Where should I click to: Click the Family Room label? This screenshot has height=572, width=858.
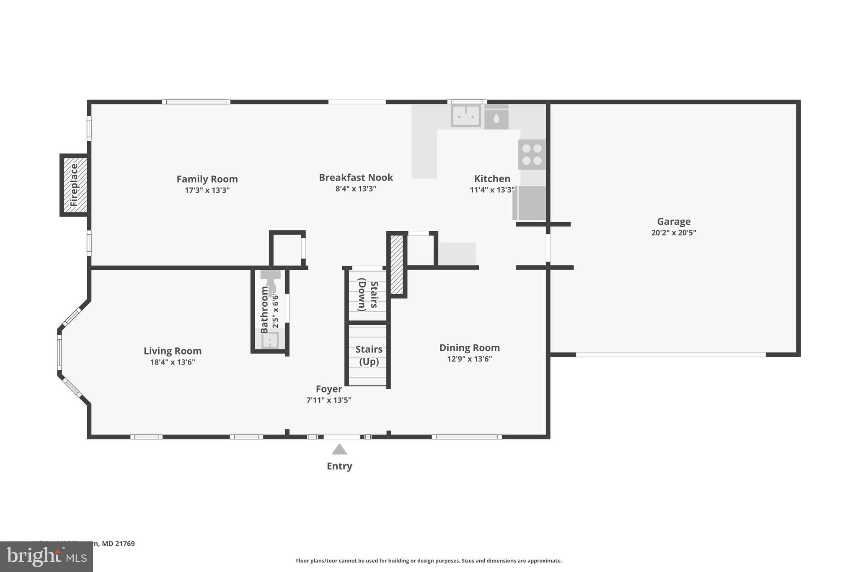(x=207, y=179)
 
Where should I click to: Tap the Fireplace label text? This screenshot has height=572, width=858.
(x=74, y=185)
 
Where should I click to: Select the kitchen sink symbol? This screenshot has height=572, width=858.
(x=465, y=116)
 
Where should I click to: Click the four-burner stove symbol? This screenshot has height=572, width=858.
(x=532, y=154)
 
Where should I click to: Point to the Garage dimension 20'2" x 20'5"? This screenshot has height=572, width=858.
(x=673, y=233)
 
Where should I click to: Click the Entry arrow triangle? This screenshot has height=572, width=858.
(x=339, y=450)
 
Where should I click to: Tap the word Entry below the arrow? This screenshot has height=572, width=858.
(x=339, y=466)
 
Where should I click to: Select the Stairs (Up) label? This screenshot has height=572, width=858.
(x=369, y=355)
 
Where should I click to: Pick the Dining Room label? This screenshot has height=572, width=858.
(x=469, y=347)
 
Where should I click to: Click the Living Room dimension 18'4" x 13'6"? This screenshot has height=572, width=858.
(x=173, y=362)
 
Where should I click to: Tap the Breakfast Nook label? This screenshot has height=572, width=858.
(x=356, y=177)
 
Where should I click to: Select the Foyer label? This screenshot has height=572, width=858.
(x=328, y=389)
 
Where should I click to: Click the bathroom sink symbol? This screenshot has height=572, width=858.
(x=270, y=340)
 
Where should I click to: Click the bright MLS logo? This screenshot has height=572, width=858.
(x=46, y=556)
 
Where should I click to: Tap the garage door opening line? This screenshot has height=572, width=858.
(x=670, y=355)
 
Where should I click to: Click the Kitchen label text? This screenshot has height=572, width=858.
(x=492, y=179)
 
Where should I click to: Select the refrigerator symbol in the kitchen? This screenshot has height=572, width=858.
(x=530, y=203)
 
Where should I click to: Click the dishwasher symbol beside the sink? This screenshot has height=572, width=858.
(x=496, y=118)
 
